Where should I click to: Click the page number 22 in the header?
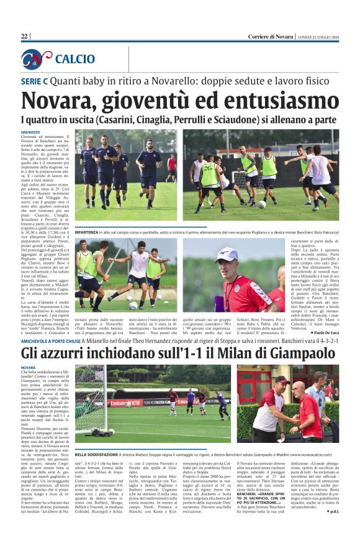point(24,37)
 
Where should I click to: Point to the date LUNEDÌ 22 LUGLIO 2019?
point(318,37)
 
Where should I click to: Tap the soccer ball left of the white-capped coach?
point(132,305)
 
